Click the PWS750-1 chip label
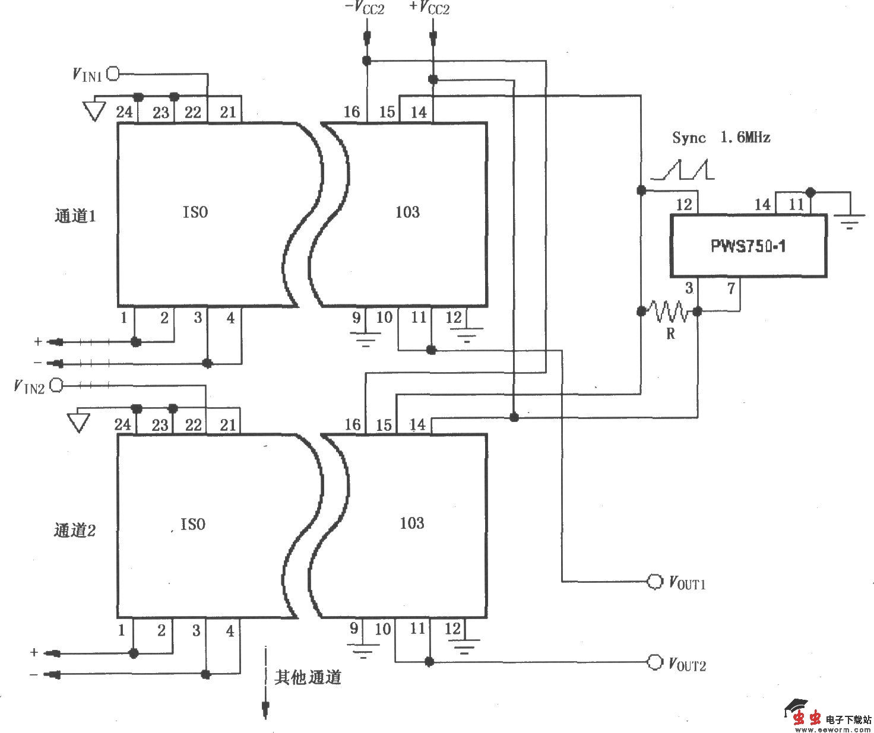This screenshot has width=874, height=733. [x=748, y=246]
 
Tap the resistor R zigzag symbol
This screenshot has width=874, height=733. [x=670, y=311]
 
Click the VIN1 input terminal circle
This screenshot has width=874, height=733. [x=112, y=74]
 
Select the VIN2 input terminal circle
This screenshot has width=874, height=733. [x=56, y=386]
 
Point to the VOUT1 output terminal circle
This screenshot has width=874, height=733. [x=654, y=582]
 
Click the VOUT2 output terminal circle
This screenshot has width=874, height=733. [x=654, y=662]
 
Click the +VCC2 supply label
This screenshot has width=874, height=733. [x=429, y=9]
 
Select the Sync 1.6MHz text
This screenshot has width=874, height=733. [x=721, y=138]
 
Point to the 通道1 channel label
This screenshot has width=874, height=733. [x=75, y=215]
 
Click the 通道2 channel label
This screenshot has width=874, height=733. [x=75, y=529]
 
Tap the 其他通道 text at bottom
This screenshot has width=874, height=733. [x=308, y=677]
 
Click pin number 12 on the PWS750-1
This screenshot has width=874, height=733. [x=684, y=205]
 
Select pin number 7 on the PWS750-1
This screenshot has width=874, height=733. [x=731, y=288]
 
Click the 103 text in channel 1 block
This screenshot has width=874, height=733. [x=407, y=212]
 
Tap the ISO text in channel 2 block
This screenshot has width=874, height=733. [x=193, y=524]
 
